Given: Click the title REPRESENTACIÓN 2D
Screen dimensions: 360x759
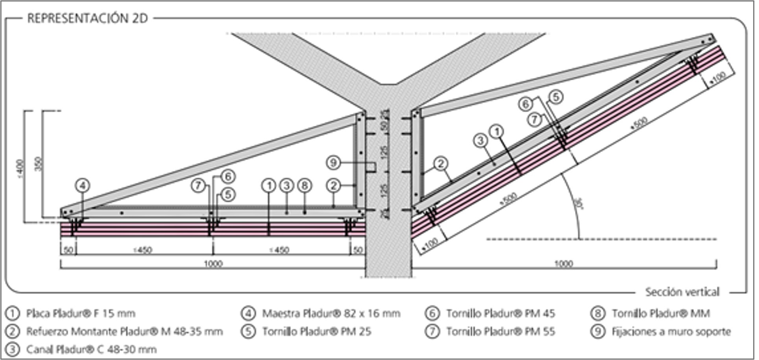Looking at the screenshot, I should (x=87, y=18).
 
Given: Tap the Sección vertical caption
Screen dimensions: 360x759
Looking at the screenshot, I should (x=682, y=292).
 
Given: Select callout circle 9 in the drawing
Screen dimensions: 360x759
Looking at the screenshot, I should (x=333, y=162).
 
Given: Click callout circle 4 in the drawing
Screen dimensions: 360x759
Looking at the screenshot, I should (x=82, y=185).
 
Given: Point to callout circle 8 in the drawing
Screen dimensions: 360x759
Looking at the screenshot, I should (x=304, y=185).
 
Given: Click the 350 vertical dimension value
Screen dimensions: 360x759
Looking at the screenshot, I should (x=38, y=164).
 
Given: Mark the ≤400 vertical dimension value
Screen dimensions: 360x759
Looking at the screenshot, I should (x=21, y=168).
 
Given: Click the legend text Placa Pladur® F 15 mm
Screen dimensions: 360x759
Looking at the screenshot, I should (x=81, y=314).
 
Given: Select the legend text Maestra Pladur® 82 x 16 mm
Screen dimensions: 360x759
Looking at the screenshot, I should (x=331, y=314).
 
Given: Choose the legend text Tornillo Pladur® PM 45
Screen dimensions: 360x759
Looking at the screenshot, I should (x=500, y=314).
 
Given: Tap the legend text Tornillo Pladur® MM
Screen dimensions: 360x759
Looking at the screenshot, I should (x=661, y=314).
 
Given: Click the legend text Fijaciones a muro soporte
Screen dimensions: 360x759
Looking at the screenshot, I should (x=671, y=332).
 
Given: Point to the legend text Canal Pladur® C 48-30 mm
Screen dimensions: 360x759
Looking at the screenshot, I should (x=91, y=349).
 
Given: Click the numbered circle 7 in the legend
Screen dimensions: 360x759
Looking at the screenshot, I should (x=432, y=332).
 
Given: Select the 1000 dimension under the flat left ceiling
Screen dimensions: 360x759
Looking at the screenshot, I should (x=213, y=264).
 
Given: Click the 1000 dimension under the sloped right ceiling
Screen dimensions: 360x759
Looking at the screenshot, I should (x=563, y=264).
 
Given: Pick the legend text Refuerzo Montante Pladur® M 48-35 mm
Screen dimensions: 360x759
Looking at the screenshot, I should (x=124, y=332).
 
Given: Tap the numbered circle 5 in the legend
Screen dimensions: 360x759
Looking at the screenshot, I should (x=248, y=332).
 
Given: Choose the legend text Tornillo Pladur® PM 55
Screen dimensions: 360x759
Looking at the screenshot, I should (x=500, y=332).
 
